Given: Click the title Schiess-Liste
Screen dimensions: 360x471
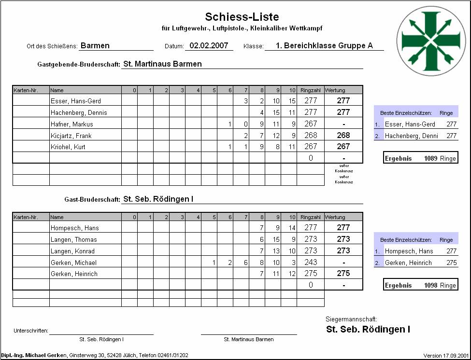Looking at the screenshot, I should [x=242, y=17].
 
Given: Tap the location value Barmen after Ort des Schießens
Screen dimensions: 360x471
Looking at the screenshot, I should [x=95, y=46].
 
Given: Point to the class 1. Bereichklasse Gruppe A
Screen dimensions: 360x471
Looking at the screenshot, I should [x=324, y=46].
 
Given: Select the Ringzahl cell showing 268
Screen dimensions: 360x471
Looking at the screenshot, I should [x=310, y=136].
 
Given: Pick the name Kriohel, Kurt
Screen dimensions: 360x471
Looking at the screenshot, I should [x=68, y=147].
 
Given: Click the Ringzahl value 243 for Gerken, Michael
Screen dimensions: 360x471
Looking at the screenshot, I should [x=311, y=263].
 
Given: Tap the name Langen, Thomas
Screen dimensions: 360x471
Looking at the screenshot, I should [x=74, y=240].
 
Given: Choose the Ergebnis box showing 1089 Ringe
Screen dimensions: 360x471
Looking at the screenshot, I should [x=420, y=158].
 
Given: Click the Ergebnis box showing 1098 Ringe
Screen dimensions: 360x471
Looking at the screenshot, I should [x=420, y=285].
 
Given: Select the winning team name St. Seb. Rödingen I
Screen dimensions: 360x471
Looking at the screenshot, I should [x=368, y=330].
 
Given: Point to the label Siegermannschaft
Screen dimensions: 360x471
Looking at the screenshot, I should [x=352, y=319].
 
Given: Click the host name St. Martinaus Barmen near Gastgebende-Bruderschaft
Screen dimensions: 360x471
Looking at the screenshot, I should [x=163, y=64].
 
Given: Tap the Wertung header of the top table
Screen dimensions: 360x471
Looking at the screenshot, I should [x=335, y=90].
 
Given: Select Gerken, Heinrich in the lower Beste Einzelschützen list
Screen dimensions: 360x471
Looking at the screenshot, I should [x=408, y=263].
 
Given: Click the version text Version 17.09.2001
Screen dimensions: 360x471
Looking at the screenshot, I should [x=445, y=356].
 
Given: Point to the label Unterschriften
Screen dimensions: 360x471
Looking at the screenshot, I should [x=31, y=331].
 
